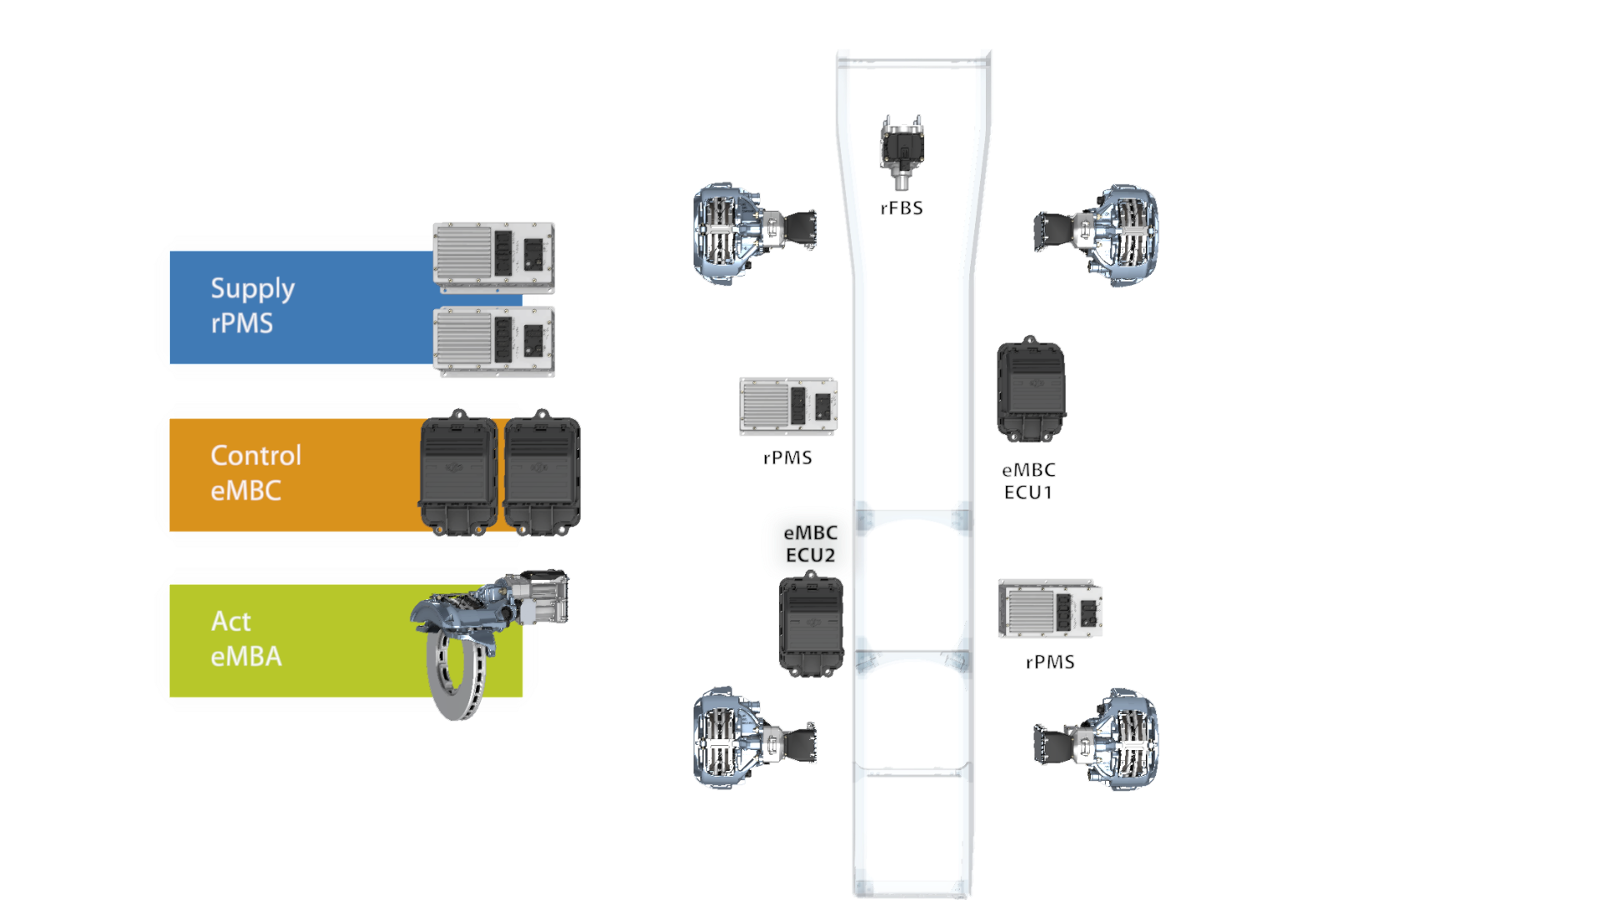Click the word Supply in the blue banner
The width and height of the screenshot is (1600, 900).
click(x=252, y=288)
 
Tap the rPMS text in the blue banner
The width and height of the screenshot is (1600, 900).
click(x=242, y=323)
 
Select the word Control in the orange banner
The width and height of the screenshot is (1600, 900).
click(x=256, y=455)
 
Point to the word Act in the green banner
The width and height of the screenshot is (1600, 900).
click(x=231, y=621)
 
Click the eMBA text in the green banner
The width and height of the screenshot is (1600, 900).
click(x=246, y=657)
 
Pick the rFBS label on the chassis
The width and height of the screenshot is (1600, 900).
click(x=902, y=208)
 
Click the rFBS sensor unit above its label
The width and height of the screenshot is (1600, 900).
click(x=902, y=152)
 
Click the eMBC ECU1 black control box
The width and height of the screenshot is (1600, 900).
click(x=1032, y=389)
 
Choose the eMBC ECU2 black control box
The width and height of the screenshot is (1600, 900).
click(x=812, y=624)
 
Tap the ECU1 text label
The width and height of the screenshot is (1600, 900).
click(x=1028, y=492)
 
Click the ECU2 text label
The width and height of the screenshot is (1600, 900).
click(x=810, y=555)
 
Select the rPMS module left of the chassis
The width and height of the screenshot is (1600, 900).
click(x=788, y=406)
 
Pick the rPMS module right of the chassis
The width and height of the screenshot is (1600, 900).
click(x=1050, y=609)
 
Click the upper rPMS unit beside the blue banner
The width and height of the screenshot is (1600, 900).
click(x=494, y=257)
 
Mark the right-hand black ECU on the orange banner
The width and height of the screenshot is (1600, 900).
click(x=542, y=472)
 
